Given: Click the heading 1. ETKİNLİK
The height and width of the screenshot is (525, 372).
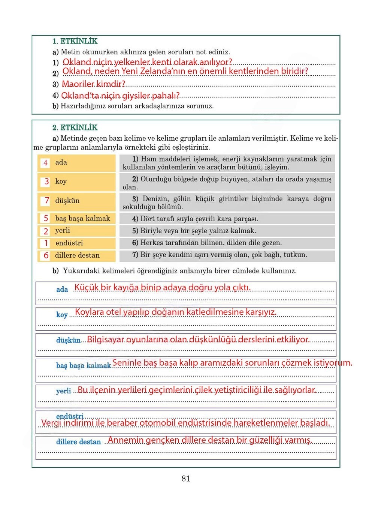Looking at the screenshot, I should (x=75, y=41).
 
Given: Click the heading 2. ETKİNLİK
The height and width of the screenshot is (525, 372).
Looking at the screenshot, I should (x=75, y=127).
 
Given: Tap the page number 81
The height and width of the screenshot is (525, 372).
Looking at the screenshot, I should (x=186, y=478).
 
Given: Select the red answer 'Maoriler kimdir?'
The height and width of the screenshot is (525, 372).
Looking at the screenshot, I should (x=93, y=84).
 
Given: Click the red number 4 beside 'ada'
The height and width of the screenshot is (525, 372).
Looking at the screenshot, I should (x=45, y=163).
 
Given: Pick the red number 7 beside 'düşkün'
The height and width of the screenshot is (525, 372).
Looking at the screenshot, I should (x=46, y=201).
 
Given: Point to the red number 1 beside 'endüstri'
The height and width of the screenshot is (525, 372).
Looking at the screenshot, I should (x=46, y=243).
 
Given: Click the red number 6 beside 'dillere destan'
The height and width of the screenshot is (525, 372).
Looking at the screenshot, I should (x=46, y=255).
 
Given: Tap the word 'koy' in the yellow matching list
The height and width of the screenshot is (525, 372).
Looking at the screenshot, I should (x=61, y=181).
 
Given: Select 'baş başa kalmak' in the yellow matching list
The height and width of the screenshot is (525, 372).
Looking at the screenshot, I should (x=82, y=219).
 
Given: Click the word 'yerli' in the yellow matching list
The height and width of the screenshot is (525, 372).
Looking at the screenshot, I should (x=63, y=231).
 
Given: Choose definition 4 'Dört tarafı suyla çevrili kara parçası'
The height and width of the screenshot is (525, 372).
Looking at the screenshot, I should (x=195, y=219).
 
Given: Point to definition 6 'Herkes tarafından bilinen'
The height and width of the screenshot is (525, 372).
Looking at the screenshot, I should (x=206, y=243).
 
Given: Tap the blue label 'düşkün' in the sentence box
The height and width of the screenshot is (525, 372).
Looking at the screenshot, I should (x=68, y=340).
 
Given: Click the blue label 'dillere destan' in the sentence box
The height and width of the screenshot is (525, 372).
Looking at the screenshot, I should (x=78, y=442).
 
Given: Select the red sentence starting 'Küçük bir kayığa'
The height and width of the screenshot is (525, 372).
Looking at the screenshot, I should (x=162, y=288).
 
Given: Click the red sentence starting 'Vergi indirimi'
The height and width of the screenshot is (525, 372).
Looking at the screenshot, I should (x=185, y=423).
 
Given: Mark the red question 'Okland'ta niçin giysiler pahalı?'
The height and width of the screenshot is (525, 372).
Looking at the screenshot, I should (x=120, y=96).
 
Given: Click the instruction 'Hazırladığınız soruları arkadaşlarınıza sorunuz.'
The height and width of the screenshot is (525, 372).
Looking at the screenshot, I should (x=137, y=106).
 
